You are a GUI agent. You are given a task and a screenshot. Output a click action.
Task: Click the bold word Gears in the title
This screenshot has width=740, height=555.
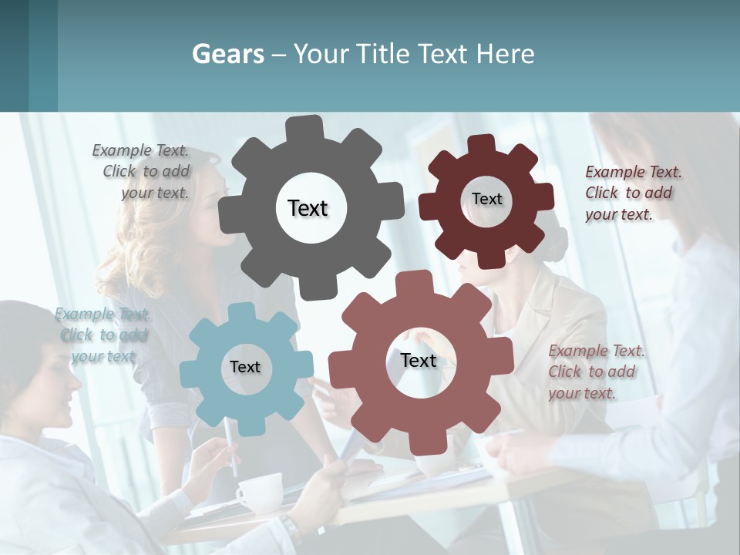point(227,54)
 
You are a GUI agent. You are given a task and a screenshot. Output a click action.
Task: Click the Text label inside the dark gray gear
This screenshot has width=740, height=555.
point(308,208)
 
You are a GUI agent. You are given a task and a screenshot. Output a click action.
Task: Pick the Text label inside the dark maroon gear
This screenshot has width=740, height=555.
point(486,199)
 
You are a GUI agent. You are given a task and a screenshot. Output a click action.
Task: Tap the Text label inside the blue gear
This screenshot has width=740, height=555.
point(245,367)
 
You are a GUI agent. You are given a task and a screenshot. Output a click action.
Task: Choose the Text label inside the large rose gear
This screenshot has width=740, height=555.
point(419,361)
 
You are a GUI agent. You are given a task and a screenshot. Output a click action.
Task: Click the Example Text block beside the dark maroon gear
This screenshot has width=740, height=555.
point(632,193)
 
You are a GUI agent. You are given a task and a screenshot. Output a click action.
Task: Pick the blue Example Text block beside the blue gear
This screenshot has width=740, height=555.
point(103,335)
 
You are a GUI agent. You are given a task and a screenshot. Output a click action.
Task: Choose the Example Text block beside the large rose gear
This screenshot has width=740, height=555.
point(596,372)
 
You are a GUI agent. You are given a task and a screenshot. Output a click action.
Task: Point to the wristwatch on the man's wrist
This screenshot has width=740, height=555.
point(291,529)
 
